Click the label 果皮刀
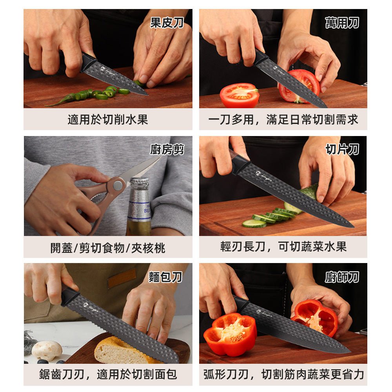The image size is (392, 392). [x=167, y=23]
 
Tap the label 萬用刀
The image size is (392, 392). [x=342, y=23]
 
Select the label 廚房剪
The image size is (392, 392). [x=167, y=149]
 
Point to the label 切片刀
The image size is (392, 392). [x=342, y=149]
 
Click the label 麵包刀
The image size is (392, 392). [x=165, y=277]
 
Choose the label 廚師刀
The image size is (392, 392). [x=342, y=277]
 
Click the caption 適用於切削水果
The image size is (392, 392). [x=108, y=120]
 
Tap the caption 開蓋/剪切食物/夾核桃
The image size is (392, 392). [x=108, y=248]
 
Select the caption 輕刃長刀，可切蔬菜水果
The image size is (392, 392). [x=283, y=247]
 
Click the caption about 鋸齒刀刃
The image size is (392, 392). [x=108, y=374]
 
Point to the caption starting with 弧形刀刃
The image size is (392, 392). [x=283, y=374]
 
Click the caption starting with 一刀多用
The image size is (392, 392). [x=283, y=120]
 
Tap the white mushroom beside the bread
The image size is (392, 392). [x=47, y=350]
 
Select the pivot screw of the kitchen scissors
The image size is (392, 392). [x=116, y=184]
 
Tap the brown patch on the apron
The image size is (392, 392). [x=122, y=278]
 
